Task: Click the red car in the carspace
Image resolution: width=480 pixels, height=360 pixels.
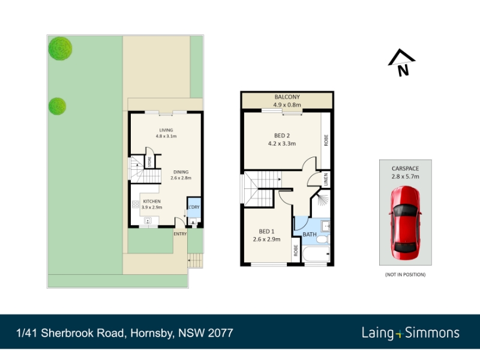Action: coord(406,223)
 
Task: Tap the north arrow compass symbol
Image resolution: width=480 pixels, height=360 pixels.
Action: coord(401,62)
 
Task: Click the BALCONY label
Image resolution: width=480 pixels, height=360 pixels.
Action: coord(287,97)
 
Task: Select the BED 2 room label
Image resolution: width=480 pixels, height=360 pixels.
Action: coord(282,136)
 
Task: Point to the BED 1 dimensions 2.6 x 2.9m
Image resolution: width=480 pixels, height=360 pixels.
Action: coord(266,239)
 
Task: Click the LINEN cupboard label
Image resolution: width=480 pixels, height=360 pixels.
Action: coord(326,179)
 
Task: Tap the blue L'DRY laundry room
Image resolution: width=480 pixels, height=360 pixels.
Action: coord(194,207)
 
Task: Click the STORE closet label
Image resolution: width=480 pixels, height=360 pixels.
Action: coord(149,161)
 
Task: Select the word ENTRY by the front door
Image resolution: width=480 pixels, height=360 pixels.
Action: coord(180,234)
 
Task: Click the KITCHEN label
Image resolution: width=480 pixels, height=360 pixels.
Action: coord(152,201)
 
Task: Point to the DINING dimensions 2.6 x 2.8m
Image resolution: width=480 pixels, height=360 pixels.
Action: coord(181,178)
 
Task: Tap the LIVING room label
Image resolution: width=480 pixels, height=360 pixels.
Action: coord(166,130)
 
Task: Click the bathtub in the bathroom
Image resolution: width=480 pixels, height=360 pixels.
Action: coord(316,254)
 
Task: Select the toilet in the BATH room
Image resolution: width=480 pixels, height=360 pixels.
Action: coord(323,239)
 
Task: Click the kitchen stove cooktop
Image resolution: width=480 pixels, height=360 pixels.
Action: coord(136,204)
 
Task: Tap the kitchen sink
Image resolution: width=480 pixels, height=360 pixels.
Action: coord(148,220)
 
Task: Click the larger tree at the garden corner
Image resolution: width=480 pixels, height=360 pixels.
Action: coord(61,49)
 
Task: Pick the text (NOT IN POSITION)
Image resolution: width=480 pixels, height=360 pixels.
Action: coord(406,275)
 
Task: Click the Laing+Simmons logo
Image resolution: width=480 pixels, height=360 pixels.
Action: coord(410,333)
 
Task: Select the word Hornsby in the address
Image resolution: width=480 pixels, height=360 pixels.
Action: coord(152,333)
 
